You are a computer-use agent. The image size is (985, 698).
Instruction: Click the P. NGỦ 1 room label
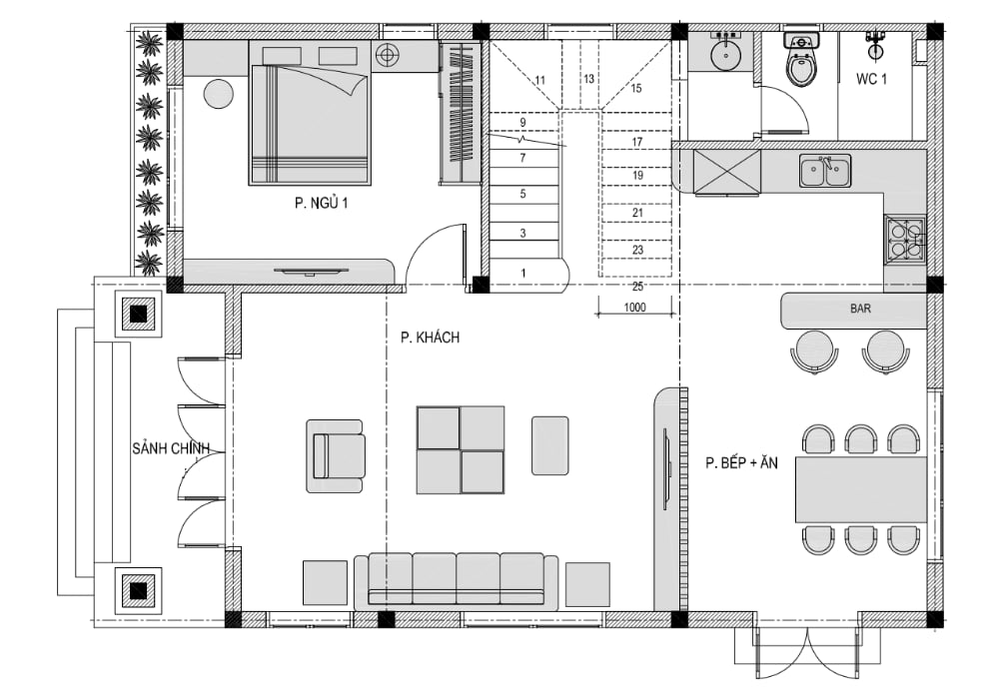(321, 203)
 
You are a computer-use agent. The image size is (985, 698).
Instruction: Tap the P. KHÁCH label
(431, 338)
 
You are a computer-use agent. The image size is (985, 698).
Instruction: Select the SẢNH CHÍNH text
(170, 448)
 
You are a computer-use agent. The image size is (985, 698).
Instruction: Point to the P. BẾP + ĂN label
(742, 463)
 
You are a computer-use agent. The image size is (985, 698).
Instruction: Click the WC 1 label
(872, 79)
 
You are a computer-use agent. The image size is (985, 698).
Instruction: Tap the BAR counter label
(860, 309)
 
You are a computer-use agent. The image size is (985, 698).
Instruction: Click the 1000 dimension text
(635, 308)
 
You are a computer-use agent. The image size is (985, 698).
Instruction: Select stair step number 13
(588, 79)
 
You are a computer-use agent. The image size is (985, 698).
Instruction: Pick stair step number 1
(523, 273)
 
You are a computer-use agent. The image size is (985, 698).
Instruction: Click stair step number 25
(637, 287)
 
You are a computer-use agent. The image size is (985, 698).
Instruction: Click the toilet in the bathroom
(801, 60)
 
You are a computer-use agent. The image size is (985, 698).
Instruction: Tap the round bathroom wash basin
(726, 53)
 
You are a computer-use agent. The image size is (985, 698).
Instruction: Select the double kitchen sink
(825, 171)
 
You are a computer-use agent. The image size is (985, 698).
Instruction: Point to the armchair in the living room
(336, 456)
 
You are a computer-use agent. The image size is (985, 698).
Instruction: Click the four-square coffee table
(461, 450)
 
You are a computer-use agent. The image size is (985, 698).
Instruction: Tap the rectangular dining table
(860, 490)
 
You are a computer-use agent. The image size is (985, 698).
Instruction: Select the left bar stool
(814, 352)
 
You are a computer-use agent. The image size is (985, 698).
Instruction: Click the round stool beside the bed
(219, 94)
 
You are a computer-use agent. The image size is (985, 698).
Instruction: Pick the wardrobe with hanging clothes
(461, 113)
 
